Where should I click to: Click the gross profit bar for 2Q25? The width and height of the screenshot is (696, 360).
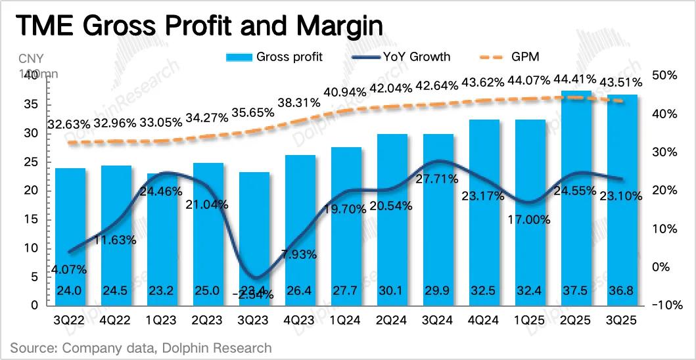tap(576, 197)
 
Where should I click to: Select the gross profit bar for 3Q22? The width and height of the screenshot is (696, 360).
tap(70, 236)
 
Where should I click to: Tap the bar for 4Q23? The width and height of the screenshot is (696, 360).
tap(300, 230)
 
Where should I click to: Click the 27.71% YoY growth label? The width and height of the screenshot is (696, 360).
tap(436, 179)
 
